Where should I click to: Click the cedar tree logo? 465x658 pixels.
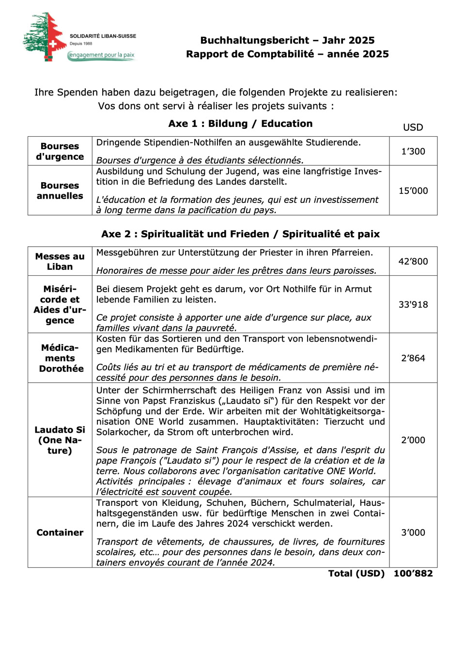coord(45,37)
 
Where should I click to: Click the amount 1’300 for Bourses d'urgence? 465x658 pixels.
coord(413,151)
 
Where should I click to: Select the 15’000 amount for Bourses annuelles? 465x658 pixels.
coord(413,190)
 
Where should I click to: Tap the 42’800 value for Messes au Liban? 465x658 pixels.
coord(413,261)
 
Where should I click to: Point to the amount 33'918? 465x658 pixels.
coord(413,304)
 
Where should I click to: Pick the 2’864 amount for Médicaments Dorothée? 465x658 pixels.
coord(413,358)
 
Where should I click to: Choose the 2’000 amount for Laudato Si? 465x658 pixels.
coord(413,440)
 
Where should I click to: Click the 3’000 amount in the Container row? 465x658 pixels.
coord(413,532)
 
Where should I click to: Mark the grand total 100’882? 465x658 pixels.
coord(413,573)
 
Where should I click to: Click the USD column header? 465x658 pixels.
coord(413,127)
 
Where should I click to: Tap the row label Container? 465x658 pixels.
coord(60,532)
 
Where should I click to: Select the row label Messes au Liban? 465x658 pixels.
coord(60,261)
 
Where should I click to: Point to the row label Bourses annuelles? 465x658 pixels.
coord(60,190)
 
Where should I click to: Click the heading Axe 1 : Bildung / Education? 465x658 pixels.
coord(240,124)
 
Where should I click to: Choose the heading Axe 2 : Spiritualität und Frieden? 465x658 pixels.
coord(240,234)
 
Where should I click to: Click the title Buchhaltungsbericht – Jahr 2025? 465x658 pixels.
coord(287,40)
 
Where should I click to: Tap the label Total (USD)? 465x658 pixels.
coord(356,573)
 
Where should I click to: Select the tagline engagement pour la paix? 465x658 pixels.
coord(102,55)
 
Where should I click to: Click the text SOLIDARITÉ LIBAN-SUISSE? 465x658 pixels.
coord(103,36)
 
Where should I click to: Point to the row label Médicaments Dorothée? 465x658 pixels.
coord(60,358)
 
